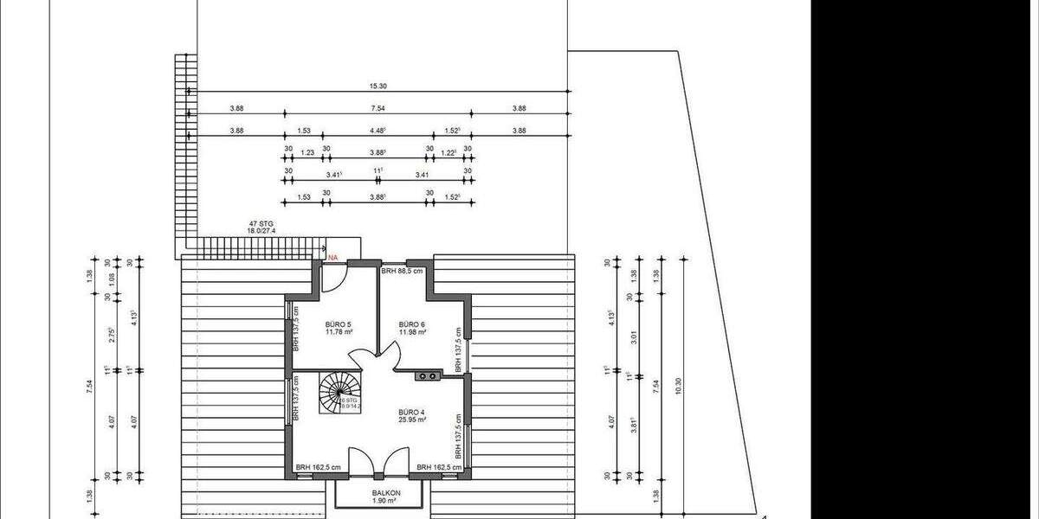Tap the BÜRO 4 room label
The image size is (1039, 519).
pyautogui.click(x=410, y=412)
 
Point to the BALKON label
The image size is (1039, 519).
pyautogui.click(x=384, y=492)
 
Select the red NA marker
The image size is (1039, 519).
pyautogui.click(x=332, y=257)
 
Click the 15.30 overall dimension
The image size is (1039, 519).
pyautogui.click(x=378, y=86)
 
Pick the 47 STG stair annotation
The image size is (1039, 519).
pyautogui.click(x=261, y=223)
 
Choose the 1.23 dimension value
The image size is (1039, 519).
pyautogui.click(x=307, y=153)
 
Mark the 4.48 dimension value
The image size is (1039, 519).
pyautogui.click(x=378, y=131)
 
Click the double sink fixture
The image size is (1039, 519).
pyautogui.click(x=428, y=375)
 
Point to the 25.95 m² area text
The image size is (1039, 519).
pyautogui.click(x=410, y=420)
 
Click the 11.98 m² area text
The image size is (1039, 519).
pyautogui.click(x=410, y=331)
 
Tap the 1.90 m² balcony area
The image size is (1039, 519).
pyautogui.click(x=384, y=501)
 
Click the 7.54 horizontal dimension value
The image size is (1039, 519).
pyautogui.click(x=378, y=108)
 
